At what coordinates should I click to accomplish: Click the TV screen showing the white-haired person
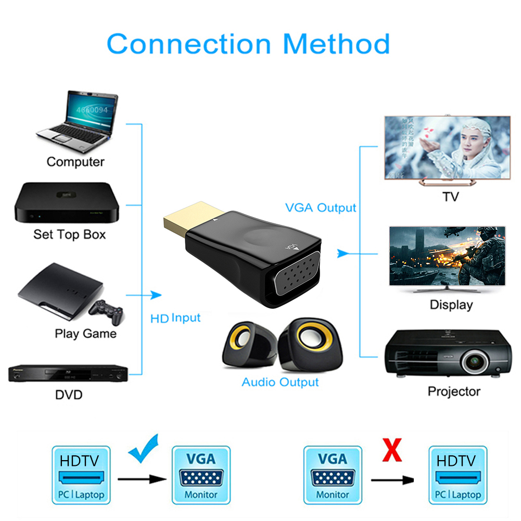tap(447, 147)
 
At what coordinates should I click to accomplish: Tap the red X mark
tap(391, 451)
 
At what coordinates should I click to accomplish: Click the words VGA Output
tap(321, 208)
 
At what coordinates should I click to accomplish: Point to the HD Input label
tap(175, 317)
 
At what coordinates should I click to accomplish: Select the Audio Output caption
tap(280, 382)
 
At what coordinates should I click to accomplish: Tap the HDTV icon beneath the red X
tap(456, 475)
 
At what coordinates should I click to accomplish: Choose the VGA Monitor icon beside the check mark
tap(201, 475)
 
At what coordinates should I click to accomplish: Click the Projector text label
tap(454, 391)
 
